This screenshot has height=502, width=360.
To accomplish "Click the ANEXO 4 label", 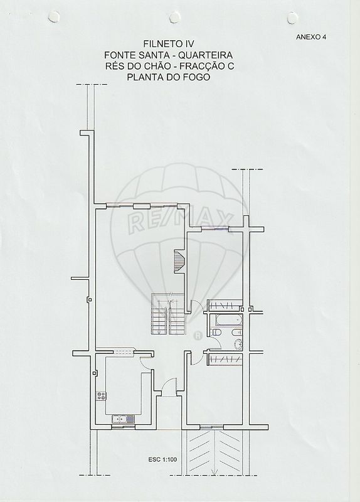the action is click(x=311, y=37).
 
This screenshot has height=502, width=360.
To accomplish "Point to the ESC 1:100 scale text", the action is click(x=162, y=460).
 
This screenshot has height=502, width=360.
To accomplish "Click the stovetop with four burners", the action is click(x=102, y=395).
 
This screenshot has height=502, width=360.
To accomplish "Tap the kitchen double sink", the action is click(x=123, y=419).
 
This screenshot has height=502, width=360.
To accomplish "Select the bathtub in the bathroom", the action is click(x=226, y=321).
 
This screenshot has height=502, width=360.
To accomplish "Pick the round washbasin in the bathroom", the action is click(x=238, y=344).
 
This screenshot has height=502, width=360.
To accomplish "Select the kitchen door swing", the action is click(x=146, y=362).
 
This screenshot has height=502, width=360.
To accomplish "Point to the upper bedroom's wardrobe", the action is click(x=225, y=306).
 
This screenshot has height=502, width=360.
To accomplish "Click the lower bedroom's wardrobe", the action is click(x=225, y=359).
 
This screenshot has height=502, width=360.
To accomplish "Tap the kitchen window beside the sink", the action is click(x=123, y=427).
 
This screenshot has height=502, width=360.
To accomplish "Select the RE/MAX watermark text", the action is click(x=180, y=222).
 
